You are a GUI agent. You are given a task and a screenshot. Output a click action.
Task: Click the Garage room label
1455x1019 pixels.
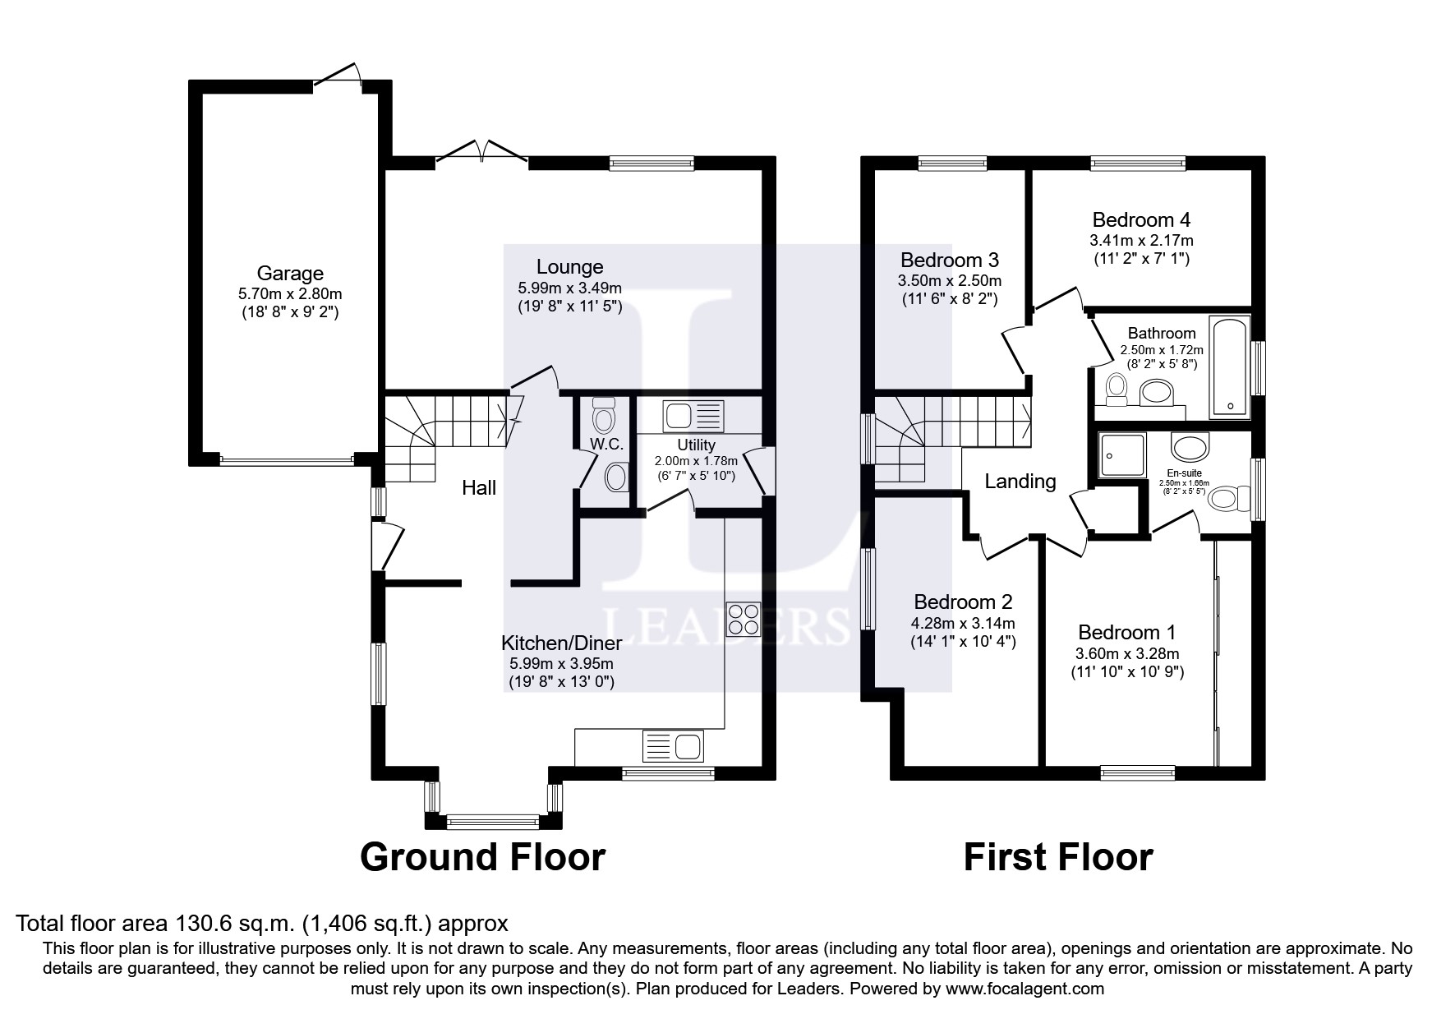tap(290, 273)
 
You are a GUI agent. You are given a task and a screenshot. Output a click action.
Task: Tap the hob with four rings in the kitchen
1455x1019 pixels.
tap(743, 619)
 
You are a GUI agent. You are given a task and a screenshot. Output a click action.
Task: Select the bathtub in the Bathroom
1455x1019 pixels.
tap(1229, 367)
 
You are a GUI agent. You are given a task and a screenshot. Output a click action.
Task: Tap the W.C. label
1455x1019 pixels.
tap(606, 444)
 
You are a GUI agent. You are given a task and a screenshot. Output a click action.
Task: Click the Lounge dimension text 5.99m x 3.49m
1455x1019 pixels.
tap(569, 288)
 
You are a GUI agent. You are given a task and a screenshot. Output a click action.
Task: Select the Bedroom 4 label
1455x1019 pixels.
tap(1141, 219)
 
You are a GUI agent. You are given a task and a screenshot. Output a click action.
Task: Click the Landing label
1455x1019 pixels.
tap(1020, 482)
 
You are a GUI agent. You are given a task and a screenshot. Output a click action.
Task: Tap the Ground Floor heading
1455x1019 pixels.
tap(482, 857)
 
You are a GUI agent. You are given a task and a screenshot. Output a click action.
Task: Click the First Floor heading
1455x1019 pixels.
tap(1057, 857)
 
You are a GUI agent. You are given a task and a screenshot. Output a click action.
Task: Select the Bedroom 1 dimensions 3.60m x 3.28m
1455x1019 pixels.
tap(1126, 654)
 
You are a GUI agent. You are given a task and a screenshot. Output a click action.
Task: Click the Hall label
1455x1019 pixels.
tap(479, 488)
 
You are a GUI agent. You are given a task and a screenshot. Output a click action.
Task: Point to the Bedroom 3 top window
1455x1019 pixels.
tap(952, 164)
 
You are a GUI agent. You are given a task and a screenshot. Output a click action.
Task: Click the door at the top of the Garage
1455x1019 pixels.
tap(338, 75)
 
